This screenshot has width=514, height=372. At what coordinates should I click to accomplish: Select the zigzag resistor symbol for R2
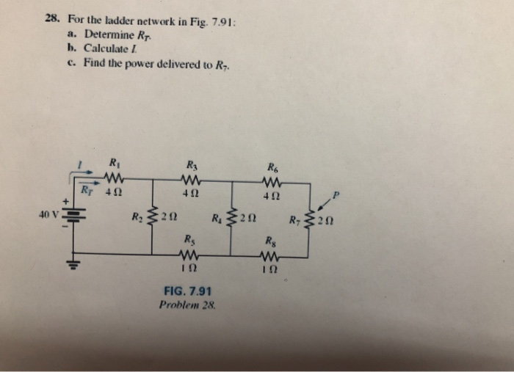click(x=152, y=216)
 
